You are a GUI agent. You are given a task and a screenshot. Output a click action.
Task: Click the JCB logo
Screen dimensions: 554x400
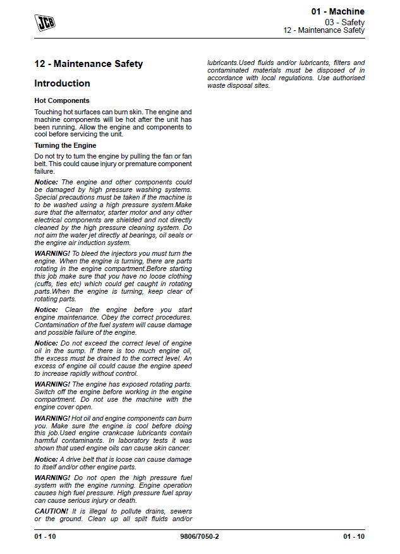tap(45, 23)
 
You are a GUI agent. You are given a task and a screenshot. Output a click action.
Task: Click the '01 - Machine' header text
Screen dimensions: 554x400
tap(337, 11)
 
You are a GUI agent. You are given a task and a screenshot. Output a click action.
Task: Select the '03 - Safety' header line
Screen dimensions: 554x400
tap(344, 21)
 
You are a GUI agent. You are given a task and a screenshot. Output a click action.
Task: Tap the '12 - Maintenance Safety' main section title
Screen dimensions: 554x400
tap(88, 64)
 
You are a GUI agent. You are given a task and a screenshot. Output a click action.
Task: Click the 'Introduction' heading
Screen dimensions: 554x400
tap(62, 83)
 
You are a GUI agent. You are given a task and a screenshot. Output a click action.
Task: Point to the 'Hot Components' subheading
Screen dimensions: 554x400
tap(62, 100)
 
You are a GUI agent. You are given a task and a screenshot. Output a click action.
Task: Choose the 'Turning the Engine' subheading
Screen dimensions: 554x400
tap(65, 145)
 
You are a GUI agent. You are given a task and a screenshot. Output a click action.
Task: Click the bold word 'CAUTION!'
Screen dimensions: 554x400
tap(51, 511)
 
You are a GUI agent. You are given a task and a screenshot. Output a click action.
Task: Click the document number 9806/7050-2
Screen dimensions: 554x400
tap(200, 537)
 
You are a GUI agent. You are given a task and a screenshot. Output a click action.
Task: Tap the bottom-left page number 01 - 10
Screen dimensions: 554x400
tap(45, 537)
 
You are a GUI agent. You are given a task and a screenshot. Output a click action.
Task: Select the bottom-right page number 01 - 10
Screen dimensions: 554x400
tap(354, 537)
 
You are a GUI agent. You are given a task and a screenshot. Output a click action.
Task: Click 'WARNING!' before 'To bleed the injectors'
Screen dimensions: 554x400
tap(52, 253)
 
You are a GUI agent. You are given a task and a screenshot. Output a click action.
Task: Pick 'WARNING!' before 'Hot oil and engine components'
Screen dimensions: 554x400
tap(52, 418)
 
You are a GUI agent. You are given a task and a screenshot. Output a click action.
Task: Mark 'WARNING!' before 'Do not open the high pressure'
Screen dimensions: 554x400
tap(52, 478)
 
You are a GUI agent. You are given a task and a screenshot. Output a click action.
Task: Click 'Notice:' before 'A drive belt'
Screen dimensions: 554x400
tap(46, 459)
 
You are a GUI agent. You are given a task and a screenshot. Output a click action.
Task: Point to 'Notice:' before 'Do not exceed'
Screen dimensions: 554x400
tap(46, 343)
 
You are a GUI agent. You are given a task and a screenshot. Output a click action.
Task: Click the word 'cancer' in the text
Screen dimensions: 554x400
tap(181, 448)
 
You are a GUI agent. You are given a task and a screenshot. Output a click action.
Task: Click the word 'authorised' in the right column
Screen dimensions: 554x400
tap(348, 78)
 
